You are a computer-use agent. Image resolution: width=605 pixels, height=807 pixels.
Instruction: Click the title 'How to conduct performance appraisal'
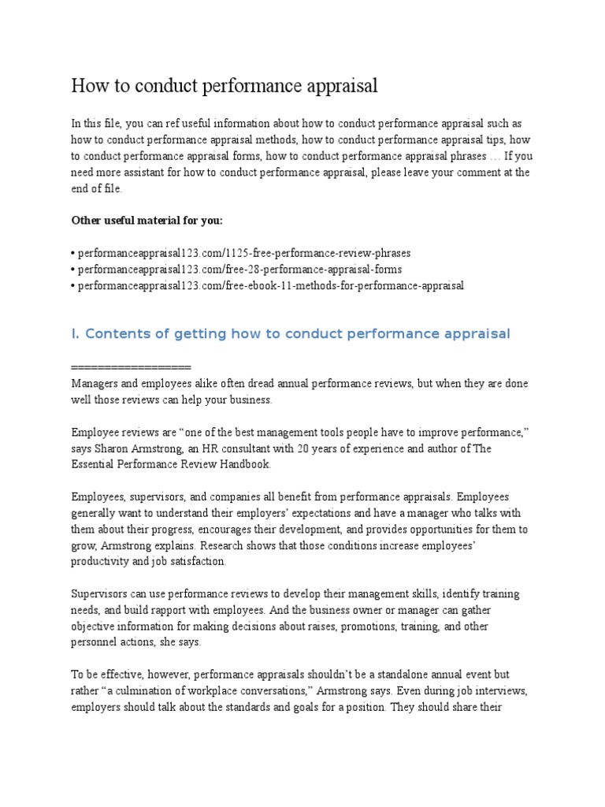coord(225,86)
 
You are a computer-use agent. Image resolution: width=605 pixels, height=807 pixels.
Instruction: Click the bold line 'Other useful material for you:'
coord(147,220)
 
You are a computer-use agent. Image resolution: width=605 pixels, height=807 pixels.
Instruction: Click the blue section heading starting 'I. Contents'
coord(291,334)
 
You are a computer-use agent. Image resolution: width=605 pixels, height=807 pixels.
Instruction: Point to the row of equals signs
coord(131,367)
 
